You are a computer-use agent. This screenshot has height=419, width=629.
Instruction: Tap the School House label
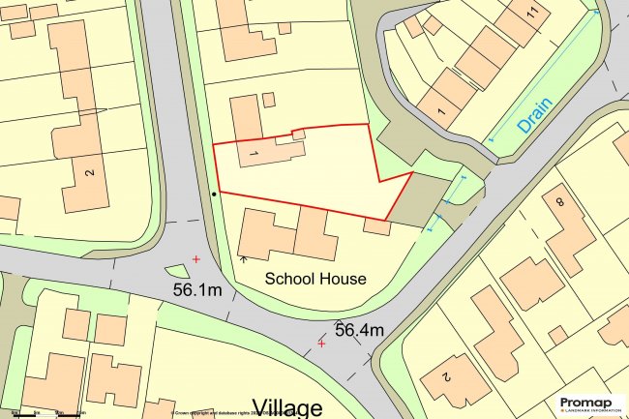point(316,279)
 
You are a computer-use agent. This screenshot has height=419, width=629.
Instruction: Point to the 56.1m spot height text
point(197,289)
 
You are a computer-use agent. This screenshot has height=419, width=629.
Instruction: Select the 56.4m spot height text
point(360,330)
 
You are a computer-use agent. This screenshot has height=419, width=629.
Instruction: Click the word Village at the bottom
point(287,406)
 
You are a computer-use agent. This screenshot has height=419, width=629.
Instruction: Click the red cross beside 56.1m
point(196,259)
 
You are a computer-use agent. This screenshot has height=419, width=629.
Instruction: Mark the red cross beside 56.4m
point(321,343)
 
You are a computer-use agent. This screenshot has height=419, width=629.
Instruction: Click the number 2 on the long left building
point(89,173)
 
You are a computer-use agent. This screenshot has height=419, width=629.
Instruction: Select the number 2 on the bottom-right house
point(447,375)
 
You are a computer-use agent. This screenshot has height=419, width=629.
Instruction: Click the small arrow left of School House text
point(242,258)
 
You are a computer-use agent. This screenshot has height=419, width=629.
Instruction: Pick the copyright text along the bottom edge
point(232,413)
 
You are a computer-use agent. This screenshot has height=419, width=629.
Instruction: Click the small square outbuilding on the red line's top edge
point(298,135)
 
